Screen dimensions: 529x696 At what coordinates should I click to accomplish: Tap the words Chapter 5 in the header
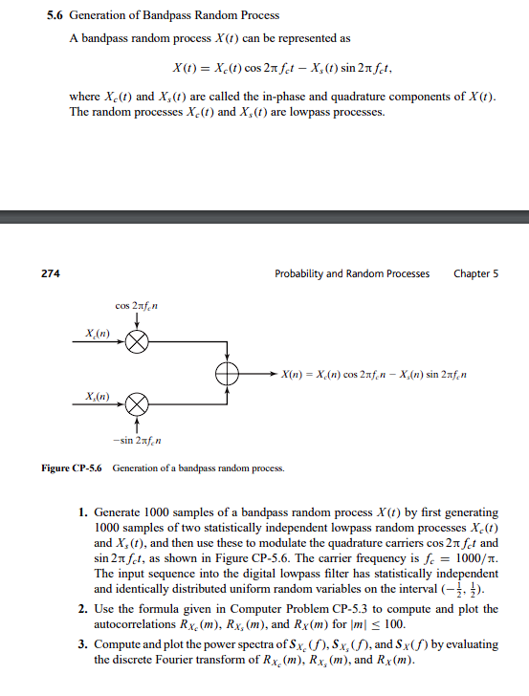[476, 273]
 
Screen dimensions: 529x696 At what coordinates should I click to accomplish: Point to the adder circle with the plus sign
[227, 372]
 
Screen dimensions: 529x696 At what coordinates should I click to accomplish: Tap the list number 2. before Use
[83, 609]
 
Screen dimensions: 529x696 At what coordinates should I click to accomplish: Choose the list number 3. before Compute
[83, 645]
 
